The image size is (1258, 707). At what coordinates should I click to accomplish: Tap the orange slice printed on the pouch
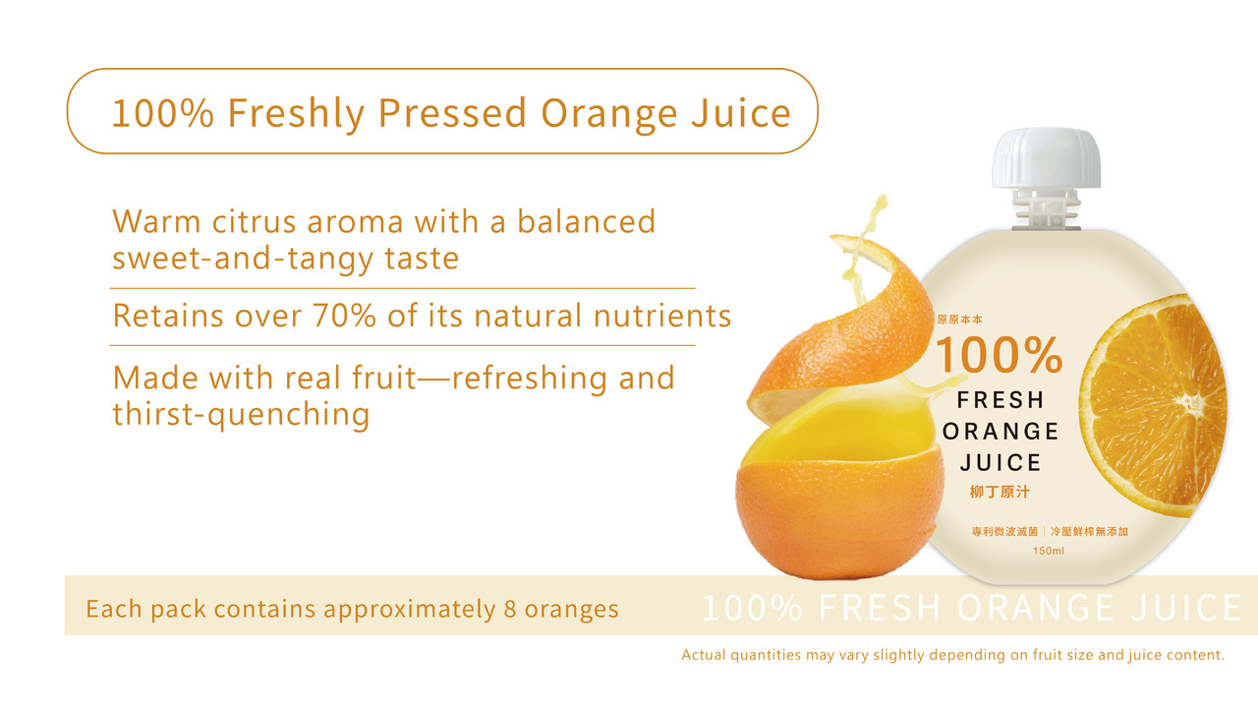point(1156,404)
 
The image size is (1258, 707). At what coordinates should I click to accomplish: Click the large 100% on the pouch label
point(999,356)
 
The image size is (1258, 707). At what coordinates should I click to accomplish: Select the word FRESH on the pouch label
point(1001,400)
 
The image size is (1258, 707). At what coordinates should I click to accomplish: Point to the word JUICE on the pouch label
point(1001,462)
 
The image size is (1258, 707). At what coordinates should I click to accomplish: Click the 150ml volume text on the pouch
point(1049,551)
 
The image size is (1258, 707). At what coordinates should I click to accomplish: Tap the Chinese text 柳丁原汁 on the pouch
point(1000,492)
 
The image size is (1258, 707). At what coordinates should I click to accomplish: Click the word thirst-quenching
point(241,414)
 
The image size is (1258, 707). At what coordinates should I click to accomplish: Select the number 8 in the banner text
point(510,609)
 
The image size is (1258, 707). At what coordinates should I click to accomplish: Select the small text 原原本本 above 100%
point(959,320)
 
